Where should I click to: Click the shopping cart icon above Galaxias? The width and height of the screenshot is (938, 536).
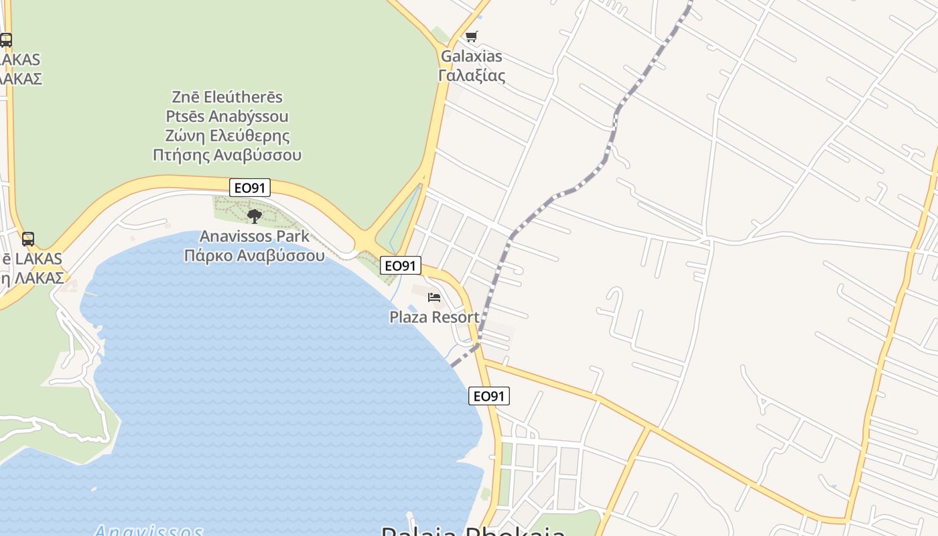(472, 36)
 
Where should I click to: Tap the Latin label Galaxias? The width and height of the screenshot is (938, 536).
(471, 56)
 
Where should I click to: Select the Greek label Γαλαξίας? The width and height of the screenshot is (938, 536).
(471, 75)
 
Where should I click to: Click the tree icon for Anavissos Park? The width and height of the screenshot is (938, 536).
(254, 216)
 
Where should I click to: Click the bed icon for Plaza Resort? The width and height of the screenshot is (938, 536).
(434, 297)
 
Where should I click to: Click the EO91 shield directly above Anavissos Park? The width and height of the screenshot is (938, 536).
(249, 188)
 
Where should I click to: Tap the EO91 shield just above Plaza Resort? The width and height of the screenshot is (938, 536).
(401, 266)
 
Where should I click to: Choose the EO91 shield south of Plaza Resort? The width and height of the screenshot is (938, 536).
(488, 396)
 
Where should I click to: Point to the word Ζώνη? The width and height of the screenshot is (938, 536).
(185, 136)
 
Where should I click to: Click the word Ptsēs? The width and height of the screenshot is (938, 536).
(186, 117)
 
